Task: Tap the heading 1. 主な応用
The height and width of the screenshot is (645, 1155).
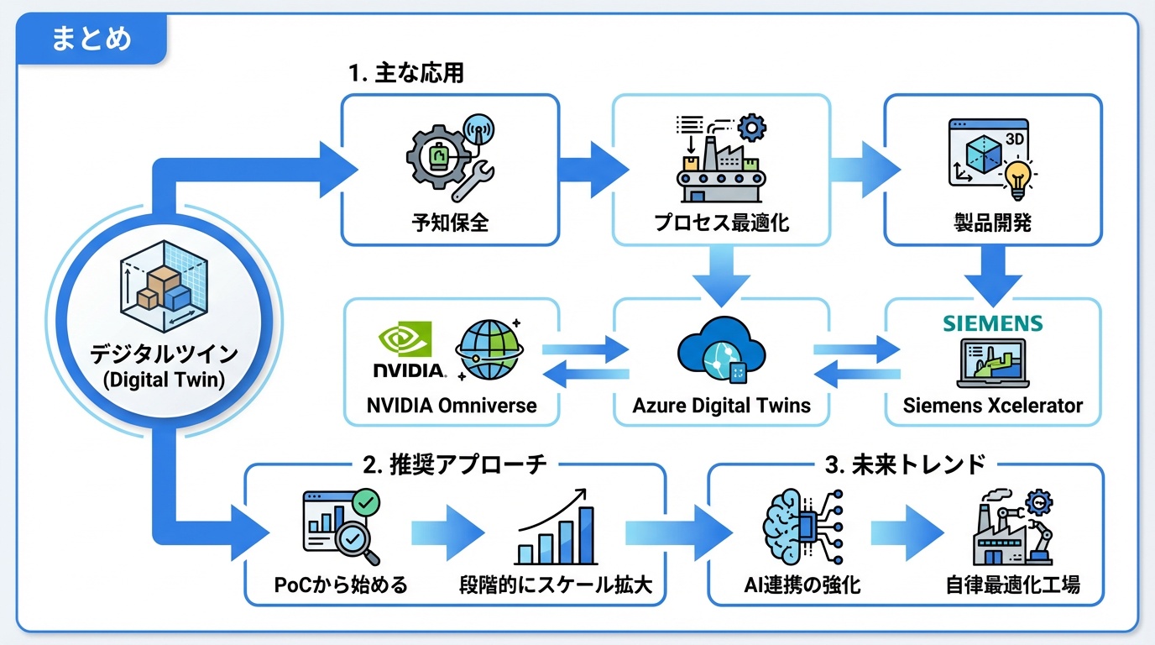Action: click(x=406, y=73)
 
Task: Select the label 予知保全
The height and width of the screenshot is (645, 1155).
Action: click(x=450, y=223)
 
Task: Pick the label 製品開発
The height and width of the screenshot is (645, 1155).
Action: click(x=993, y=223)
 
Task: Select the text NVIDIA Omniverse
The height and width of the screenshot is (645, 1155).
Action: click(x=452, y=406)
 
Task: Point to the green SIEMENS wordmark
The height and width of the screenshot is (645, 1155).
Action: click(x=991, y=324)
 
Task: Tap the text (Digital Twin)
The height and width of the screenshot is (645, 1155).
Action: click(x=163, y=380)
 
